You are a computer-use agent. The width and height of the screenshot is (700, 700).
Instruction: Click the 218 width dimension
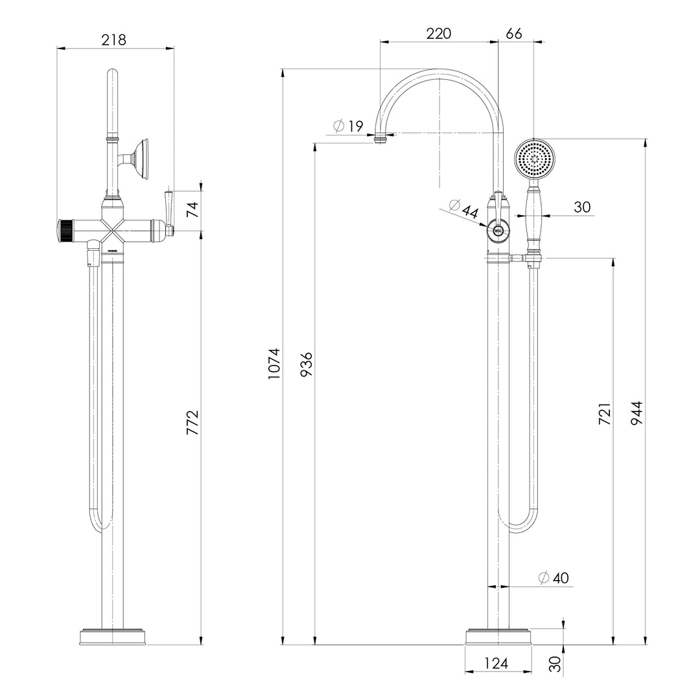pos(114,40)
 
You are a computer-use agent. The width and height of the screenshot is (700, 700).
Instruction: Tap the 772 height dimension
pos(192,422)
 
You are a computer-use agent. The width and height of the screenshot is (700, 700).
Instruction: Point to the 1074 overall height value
pos(275,364)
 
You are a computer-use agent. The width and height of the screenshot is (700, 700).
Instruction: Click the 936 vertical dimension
pos(306,366)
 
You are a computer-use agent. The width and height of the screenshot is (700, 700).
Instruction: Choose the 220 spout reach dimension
pos(438,34)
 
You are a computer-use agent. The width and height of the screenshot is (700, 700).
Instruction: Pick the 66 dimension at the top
pos(514,34)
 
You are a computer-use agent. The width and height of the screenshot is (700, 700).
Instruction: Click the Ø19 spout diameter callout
pos(349,126)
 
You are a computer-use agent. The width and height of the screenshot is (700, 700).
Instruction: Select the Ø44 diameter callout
pos(463,209)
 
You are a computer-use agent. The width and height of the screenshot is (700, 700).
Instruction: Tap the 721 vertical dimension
pos(604,414)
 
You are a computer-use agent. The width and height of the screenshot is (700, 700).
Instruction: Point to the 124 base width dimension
pos(496,663)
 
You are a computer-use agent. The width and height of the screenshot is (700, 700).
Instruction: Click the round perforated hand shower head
pos(535,159)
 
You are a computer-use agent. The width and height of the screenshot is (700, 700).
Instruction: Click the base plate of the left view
pos(113,636)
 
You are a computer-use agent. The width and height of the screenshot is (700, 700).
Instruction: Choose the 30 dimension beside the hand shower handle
pos(582,207)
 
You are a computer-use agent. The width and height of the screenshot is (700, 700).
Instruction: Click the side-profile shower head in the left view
pos(139,158)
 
